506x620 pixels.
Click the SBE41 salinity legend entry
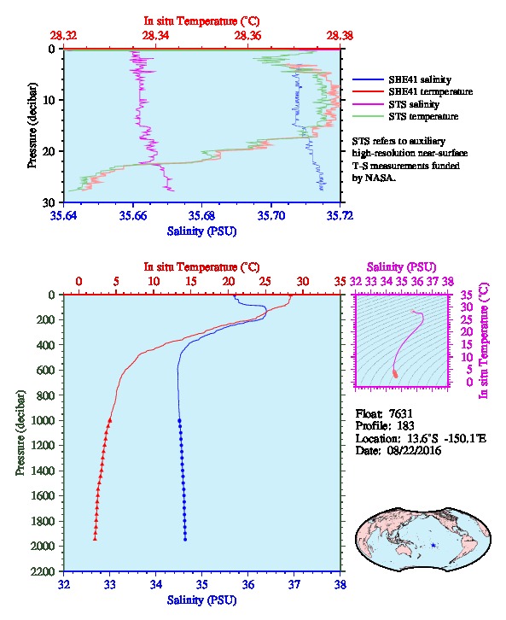tap(420, 79)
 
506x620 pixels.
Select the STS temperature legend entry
tap(423, 116)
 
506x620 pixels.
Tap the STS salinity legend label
tap(414, 104)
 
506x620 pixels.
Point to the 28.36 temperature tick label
tap(247, 36)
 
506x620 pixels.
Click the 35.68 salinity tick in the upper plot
tap(202, 215)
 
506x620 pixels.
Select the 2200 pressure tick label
tap(43, 571)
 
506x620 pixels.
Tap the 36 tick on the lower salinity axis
tap(248, 584)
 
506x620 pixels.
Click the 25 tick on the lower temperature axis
tap(265, 281)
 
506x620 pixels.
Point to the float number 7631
tap(400, 413)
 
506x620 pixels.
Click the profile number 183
tap(405, 426)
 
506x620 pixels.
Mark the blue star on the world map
tap(433, 545)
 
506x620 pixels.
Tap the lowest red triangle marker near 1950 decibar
tap(95, 538)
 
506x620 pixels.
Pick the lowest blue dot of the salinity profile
tap(185, 539)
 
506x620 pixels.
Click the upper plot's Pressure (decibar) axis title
tap(32, 126)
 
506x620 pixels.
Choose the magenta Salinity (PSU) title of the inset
tap(401, 267)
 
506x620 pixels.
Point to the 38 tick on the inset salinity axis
tap(447, 281)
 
